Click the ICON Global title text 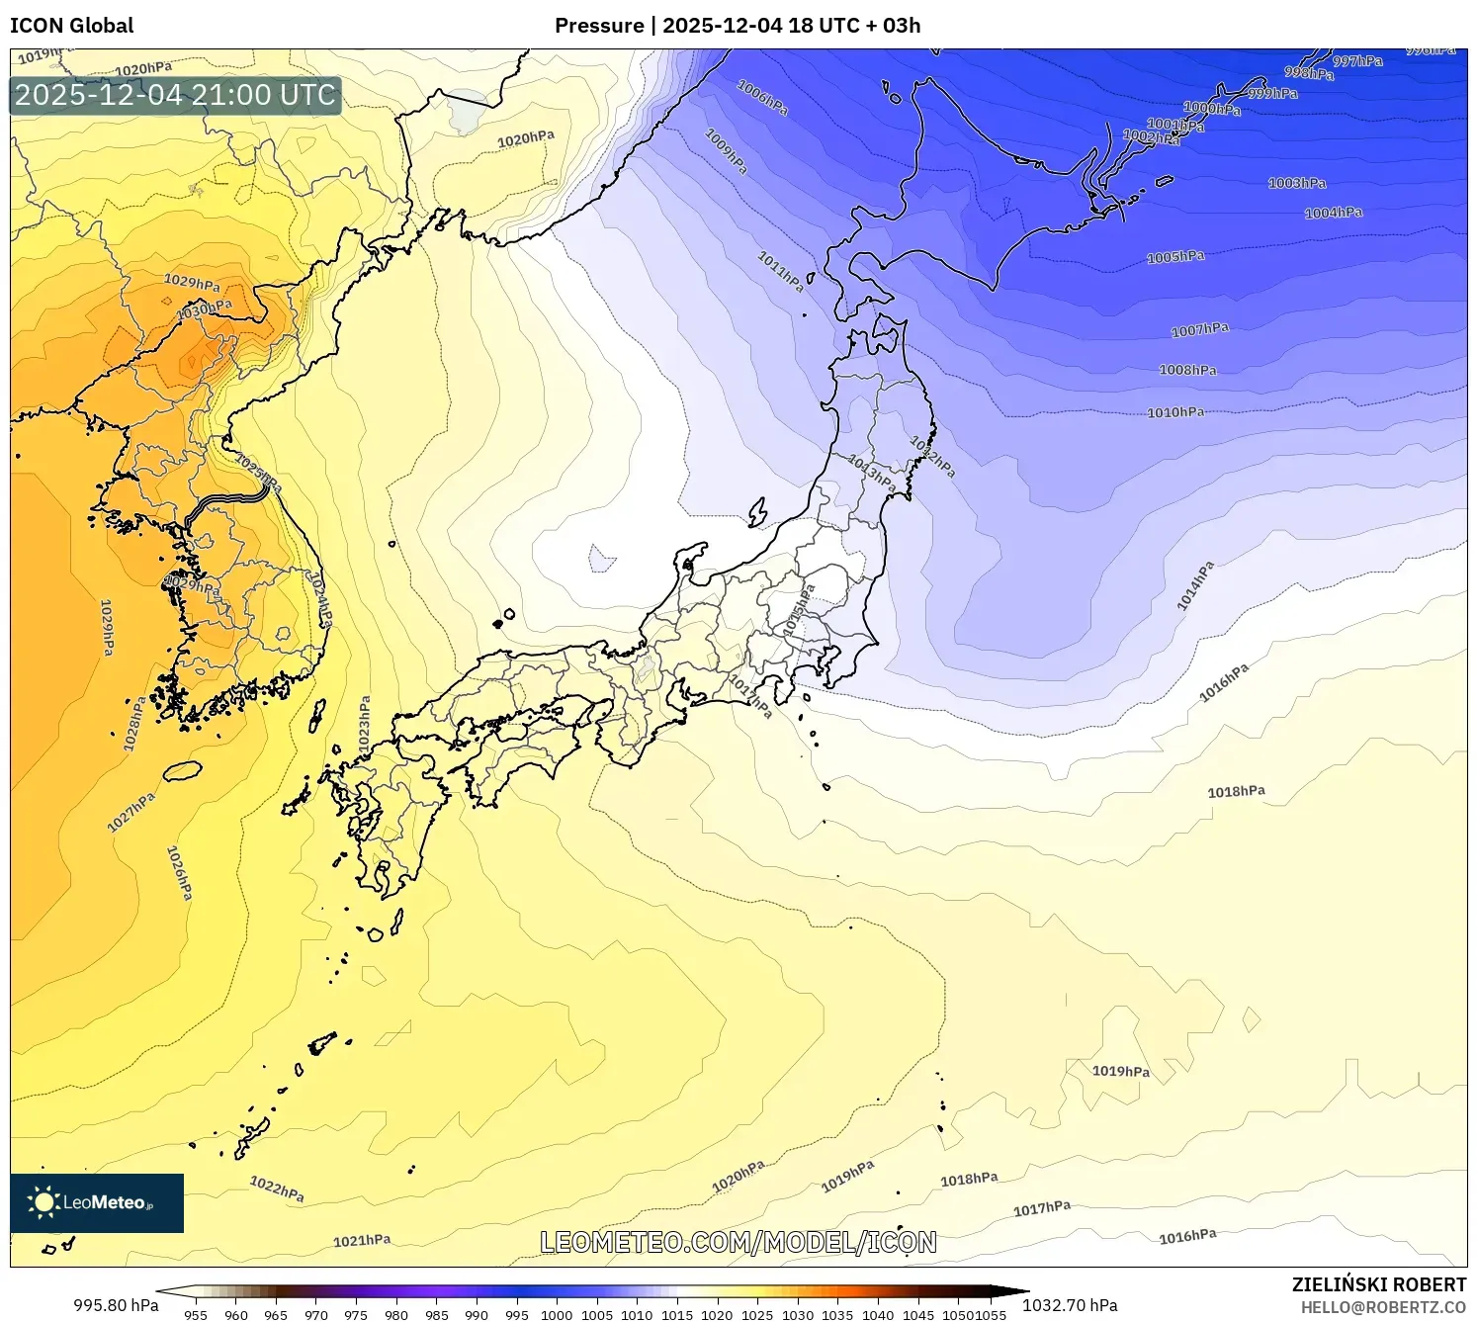[x=71, y=26]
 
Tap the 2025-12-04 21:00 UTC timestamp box [x=176, y=95]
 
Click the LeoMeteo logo [x=97, y=1202]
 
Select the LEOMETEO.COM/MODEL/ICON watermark [x=738, y=1242]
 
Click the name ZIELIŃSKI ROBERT [x=1378, y=1284]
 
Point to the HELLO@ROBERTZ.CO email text [x=1383, y=1307]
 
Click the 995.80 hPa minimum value [x=116, y=1305]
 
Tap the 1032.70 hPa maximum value [x=1070, y=1305]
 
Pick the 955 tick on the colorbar [x=196, y=1315]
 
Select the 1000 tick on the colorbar [x=557, y=1315]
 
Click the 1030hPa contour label [x=205, y=309]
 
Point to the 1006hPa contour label [x=762, y=97]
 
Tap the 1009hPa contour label [x=726, y=151]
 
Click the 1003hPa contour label [x=1297, y=183]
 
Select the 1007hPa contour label [x=1200, y=329]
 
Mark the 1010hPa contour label [x=1175, y=412]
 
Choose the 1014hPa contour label [x=1195, y=586]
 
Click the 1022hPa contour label [x=277, y=1189]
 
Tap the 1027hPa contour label [x=131, y=812]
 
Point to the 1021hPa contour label [x=362, y=1240]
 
